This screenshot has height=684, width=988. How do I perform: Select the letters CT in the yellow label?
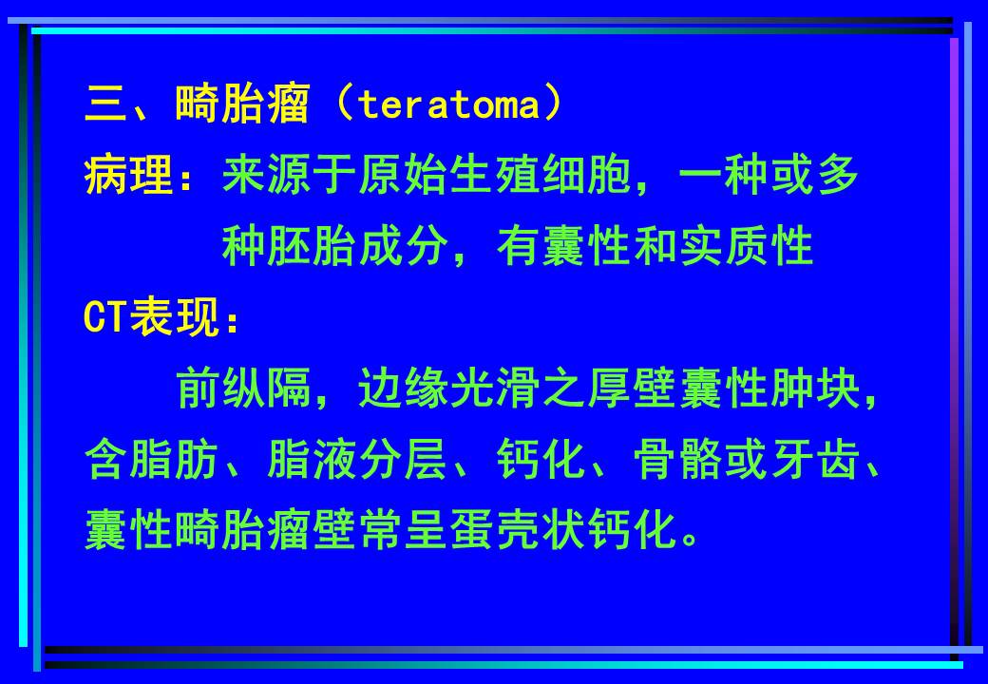coord(105,320)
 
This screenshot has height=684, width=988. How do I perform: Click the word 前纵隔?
coord(244,390)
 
